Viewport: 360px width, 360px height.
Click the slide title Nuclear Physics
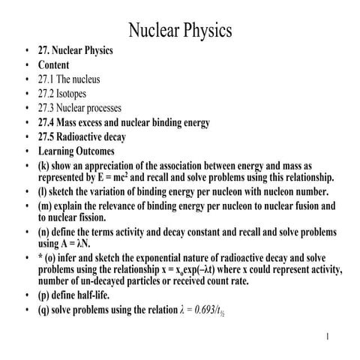pos(180,29)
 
